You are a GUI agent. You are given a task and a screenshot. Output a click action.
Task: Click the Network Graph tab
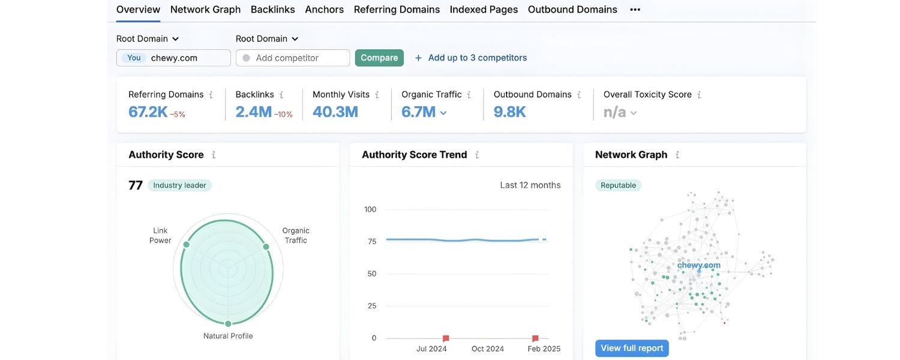[205, 10]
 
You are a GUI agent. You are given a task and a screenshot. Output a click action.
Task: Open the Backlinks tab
[272, 10]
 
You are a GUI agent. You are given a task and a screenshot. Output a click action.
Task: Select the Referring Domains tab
[397, 10]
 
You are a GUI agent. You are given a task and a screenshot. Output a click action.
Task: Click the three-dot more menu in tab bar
[635, 10]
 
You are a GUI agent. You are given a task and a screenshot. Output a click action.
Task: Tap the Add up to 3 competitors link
[471, 58]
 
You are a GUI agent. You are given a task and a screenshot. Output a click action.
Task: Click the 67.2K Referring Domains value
[148, 112]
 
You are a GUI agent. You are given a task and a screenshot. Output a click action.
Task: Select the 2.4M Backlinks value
[253, 112]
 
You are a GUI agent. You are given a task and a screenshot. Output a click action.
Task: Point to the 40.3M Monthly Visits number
[335, 112]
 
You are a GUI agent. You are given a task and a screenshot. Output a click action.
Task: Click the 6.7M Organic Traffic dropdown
[424, 112]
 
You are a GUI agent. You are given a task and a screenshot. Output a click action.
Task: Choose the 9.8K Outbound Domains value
[509, 112]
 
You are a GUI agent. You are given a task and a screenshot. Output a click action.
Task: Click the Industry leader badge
[179, 185]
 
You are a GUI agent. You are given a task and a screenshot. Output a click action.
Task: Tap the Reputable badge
[618, 185]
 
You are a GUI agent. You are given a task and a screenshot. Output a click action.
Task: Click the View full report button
[632, 348]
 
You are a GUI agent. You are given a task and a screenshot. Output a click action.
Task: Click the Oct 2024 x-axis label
[487, 349]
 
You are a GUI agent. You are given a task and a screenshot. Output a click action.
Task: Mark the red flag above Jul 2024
[446, 338]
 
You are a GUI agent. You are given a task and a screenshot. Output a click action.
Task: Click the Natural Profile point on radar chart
[228, 324]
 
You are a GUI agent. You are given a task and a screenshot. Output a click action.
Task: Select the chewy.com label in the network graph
[698, 265]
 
